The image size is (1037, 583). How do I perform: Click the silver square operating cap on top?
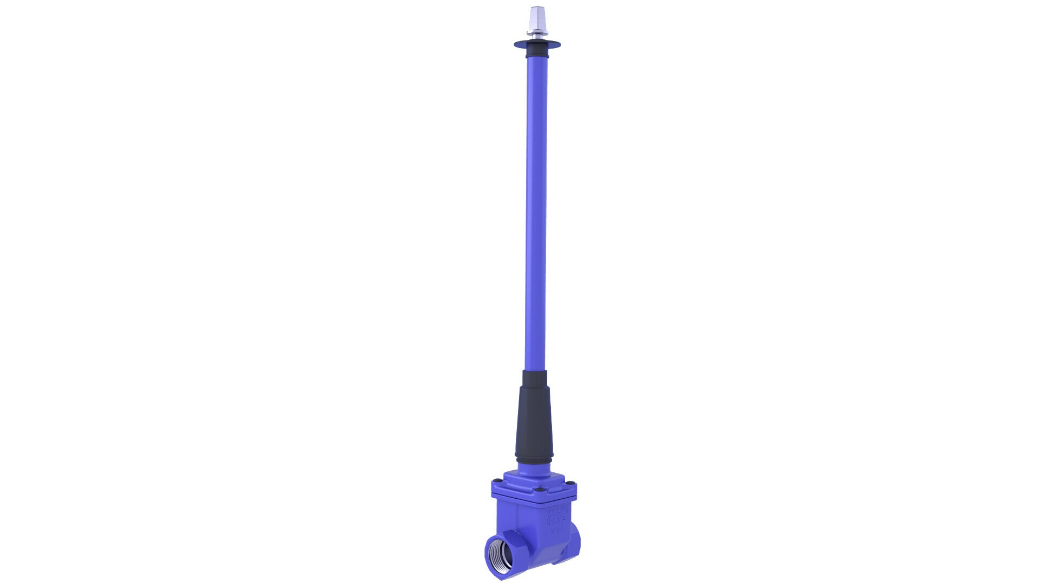(537, 19)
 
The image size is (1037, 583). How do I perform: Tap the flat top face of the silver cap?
(537, 8)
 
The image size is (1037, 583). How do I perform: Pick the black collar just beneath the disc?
(537, 52)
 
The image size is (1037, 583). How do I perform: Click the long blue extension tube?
(536, 216)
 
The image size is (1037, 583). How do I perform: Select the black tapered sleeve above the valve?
(535, 421)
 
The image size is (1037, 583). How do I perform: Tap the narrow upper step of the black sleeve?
(535, 378)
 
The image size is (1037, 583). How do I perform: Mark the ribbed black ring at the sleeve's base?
(534, 459)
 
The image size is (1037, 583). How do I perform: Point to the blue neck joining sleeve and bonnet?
(534, 469)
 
